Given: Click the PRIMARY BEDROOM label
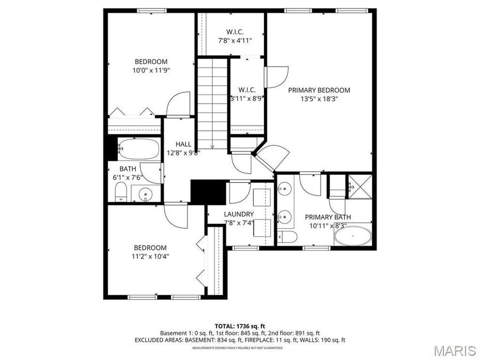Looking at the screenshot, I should tap(319, 90).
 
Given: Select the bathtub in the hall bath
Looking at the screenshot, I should tap(139, 149).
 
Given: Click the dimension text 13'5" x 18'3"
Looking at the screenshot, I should tap(319, 99).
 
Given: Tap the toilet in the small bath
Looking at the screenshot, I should tap(121, 192).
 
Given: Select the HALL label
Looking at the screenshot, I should tap(183, 144).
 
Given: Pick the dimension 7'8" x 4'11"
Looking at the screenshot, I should tap(235, 40).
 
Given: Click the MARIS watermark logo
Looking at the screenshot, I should tap(455, 350).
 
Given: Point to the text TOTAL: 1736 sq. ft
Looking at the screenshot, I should tap(239, 326).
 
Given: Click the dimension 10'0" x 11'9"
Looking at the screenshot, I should tap(151, 70).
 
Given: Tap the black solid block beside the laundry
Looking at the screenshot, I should tap(209, 191).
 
